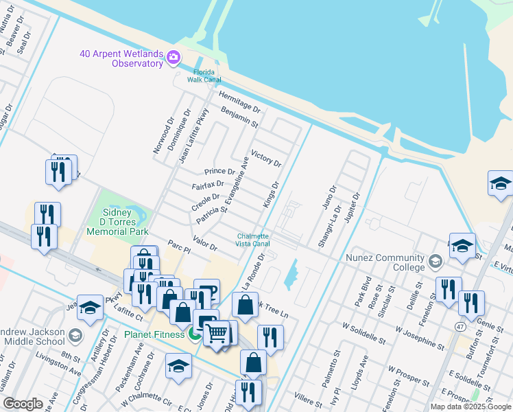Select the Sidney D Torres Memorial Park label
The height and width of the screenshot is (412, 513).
point(118,224)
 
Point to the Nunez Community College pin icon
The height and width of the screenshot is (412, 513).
point(435,261)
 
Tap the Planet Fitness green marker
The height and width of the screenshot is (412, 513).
point(195,334)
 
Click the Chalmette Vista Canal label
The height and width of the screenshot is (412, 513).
point(253,240)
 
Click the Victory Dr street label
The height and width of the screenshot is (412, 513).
point(266,159)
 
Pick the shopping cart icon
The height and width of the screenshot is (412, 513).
point(217,334)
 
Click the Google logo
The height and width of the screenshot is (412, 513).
point(23,404)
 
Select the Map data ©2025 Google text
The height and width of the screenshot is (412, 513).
point(470,407)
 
